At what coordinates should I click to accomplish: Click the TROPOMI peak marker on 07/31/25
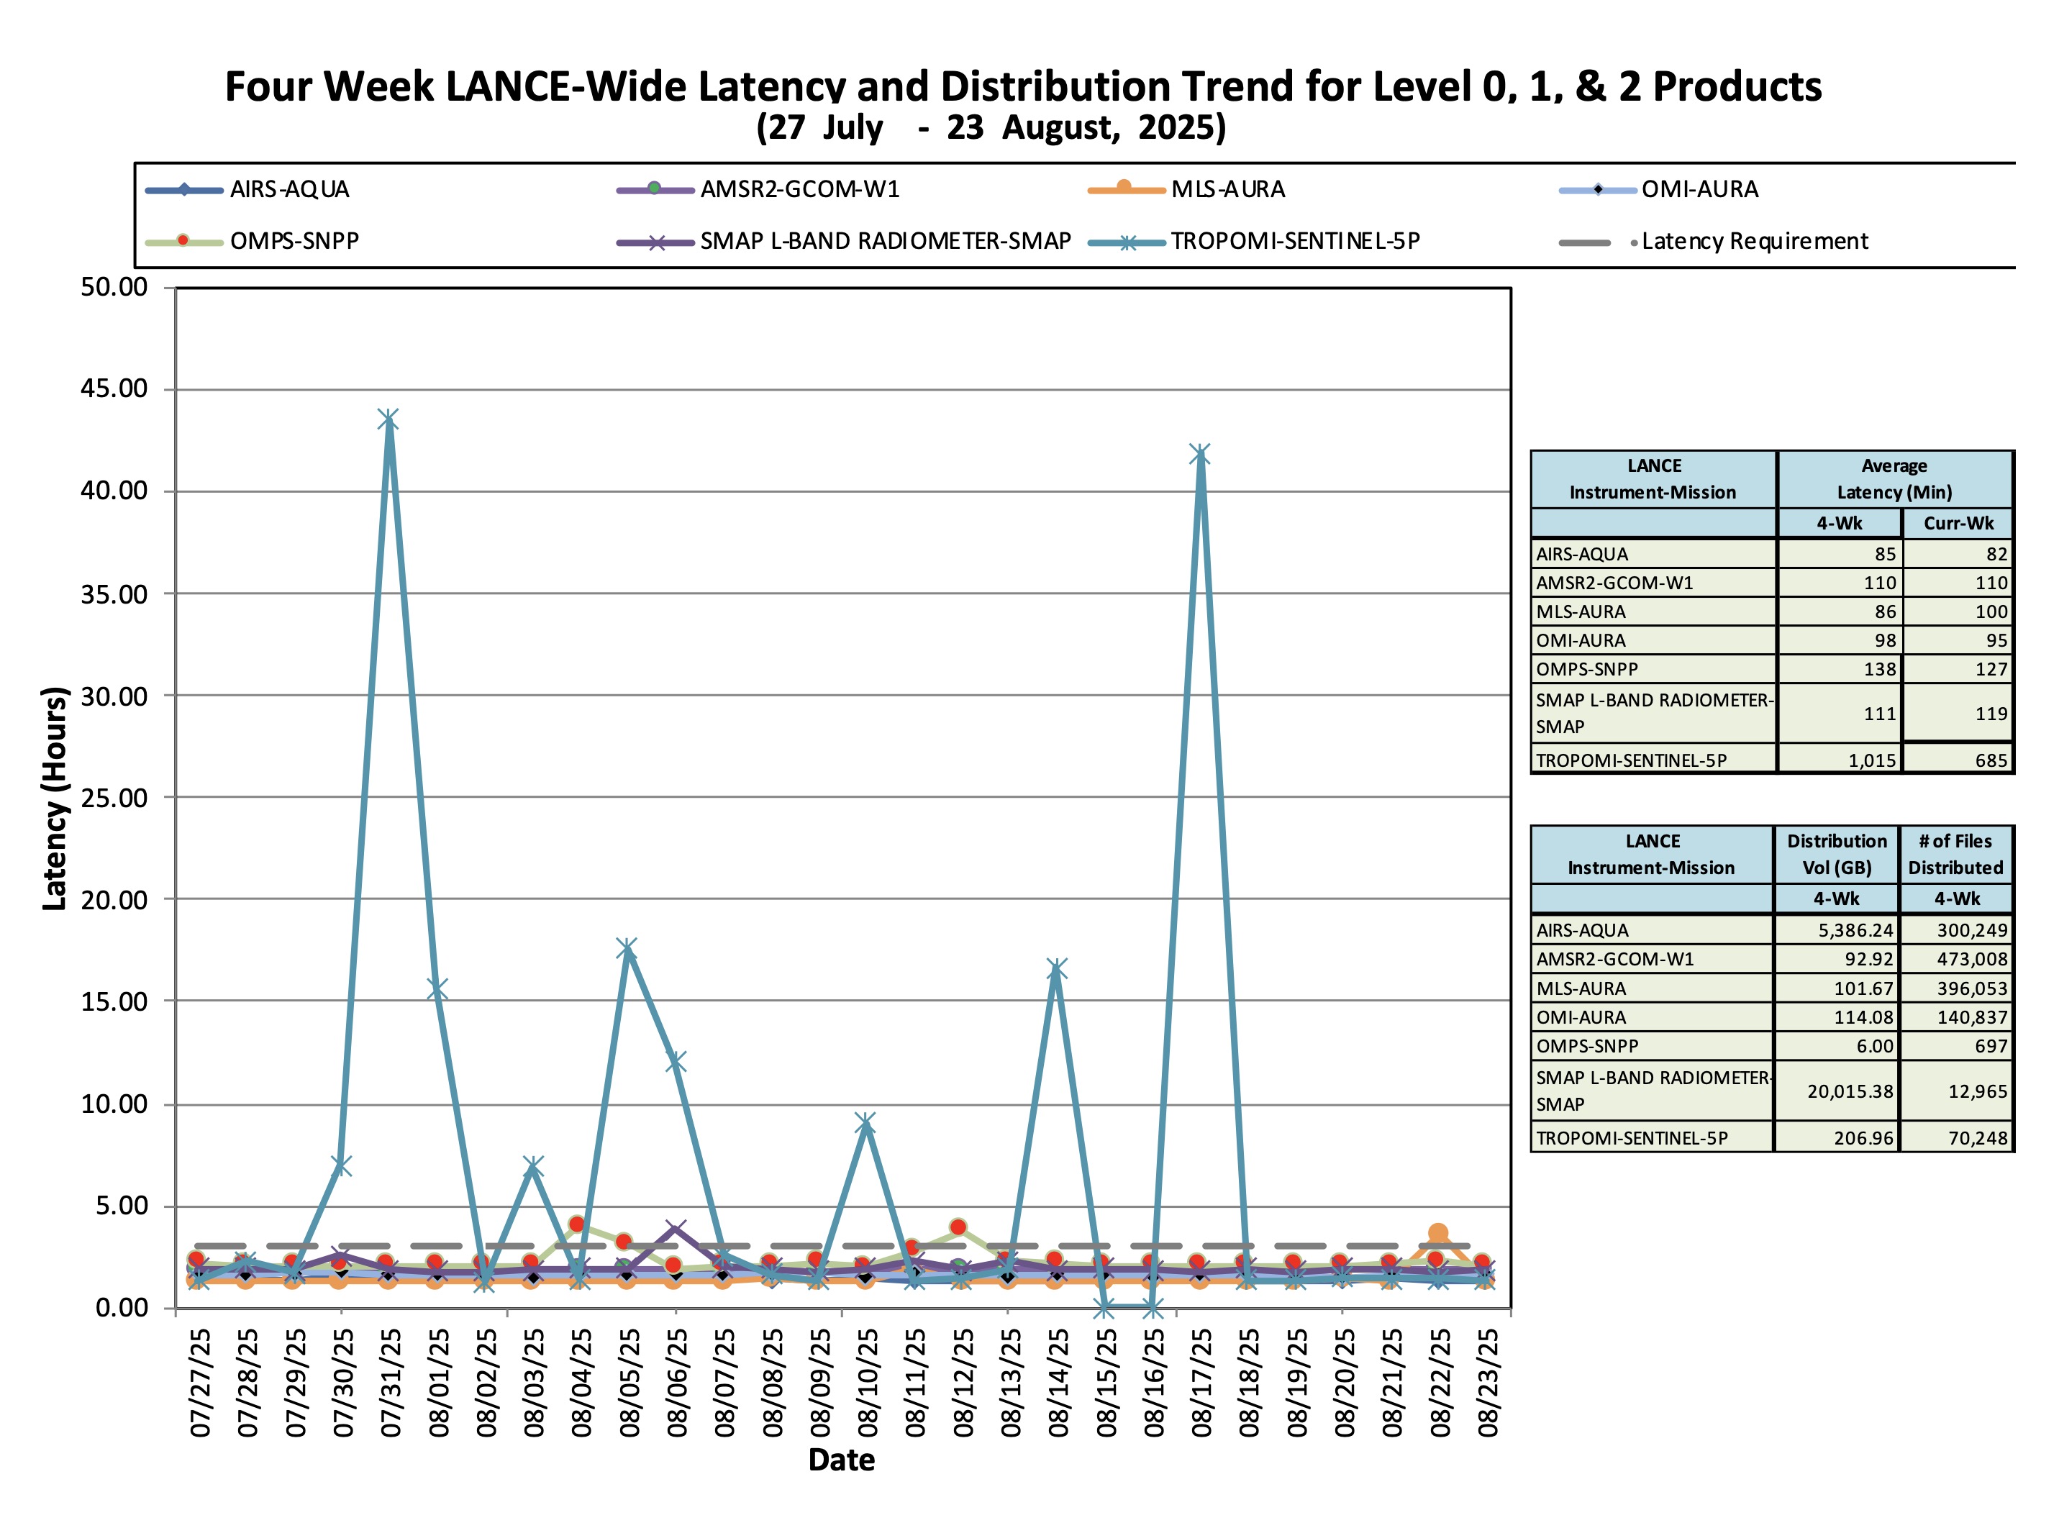[x=388, y=420]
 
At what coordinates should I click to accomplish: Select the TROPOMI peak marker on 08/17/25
[x=1200, y=454]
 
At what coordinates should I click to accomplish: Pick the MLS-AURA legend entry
[x=1227, y=190]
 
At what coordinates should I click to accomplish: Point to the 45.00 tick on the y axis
[x=114, y=388]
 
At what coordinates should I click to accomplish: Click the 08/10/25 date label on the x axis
[x=867, y=1383]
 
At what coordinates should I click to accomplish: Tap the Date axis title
[x=841, y=1460]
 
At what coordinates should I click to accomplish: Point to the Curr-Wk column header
[x=1958, y=524]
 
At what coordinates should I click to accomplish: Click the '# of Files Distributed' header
[x=1956, y=854]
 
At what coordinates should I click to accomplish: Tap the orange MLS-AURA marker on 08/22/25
[x=1437, y=1233]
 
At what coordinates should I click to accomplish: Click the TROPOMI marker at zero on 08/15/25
[x=1104, y=1308]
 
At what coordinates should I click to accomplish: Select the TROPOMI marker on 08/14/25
[x=1056, y=968]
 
